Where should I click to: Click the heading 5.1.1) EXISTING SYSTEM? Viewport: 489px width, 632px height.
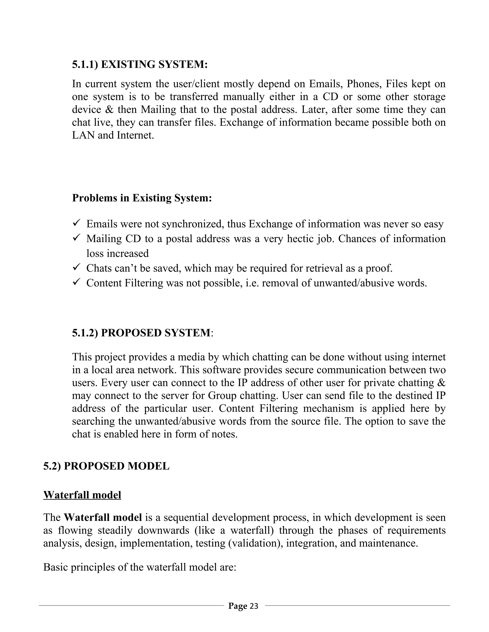140,64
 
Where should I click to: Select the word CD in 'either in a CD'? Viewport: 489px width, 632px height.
330,97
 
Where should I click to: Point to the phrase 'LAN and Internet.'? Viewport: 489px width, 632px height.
113,135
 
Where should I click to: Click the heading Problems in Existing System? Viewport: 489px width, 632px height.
142,198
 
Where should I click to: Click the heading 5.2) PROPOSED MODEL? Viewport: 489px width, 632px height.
106,466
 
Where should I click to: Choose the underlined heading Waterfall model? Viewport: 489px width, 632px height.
82,495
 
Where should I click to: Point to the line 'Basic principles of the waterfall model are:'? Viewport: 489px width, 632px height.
140,567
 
